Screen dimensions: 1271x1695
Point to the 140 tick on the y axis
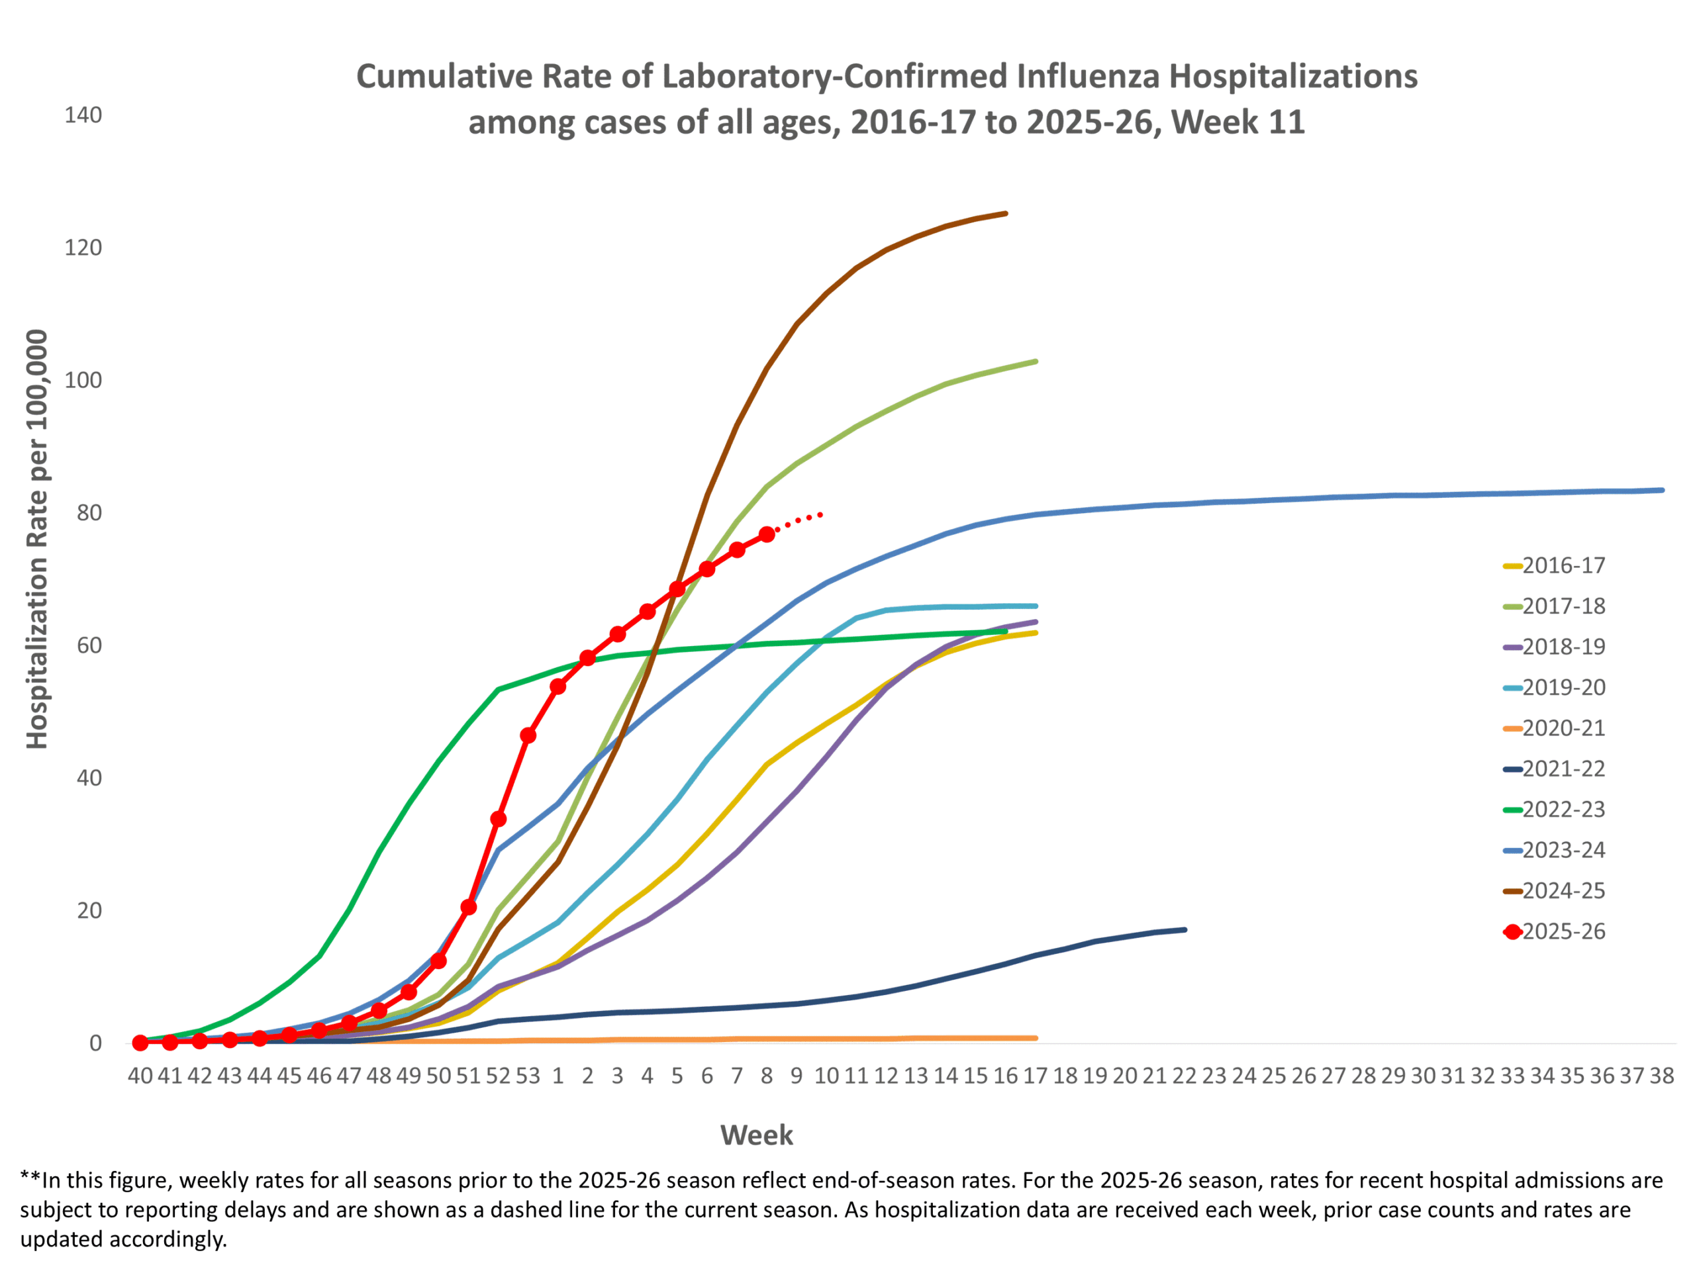coord(83,115)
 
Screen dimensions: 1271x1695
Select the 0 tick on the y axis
coord(95,1043)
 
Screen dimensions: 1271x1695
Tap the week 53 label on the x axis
coord(528,1076)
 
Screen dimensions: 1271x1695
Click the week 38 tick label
coord(1661,1076)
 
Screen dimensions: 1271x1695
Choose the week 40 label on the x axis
coord(140,1076)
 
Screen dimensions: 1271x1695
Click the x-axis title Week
coord(756,1135)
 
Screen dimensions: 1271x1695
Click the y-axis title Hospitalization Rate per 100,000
coord(37,539)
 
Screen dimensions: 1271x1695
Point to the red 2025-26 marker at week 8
coord(766,534)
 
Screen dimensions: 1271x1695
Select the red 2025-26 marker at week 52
coord(498,819)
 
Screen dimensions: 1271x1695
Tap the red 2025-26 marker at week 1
coord(558,686)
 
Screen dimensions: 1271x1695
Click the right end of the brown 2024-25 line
coord(1005,214)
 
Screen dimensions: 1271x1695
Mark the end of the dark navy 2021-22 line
coord(1185,929)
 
